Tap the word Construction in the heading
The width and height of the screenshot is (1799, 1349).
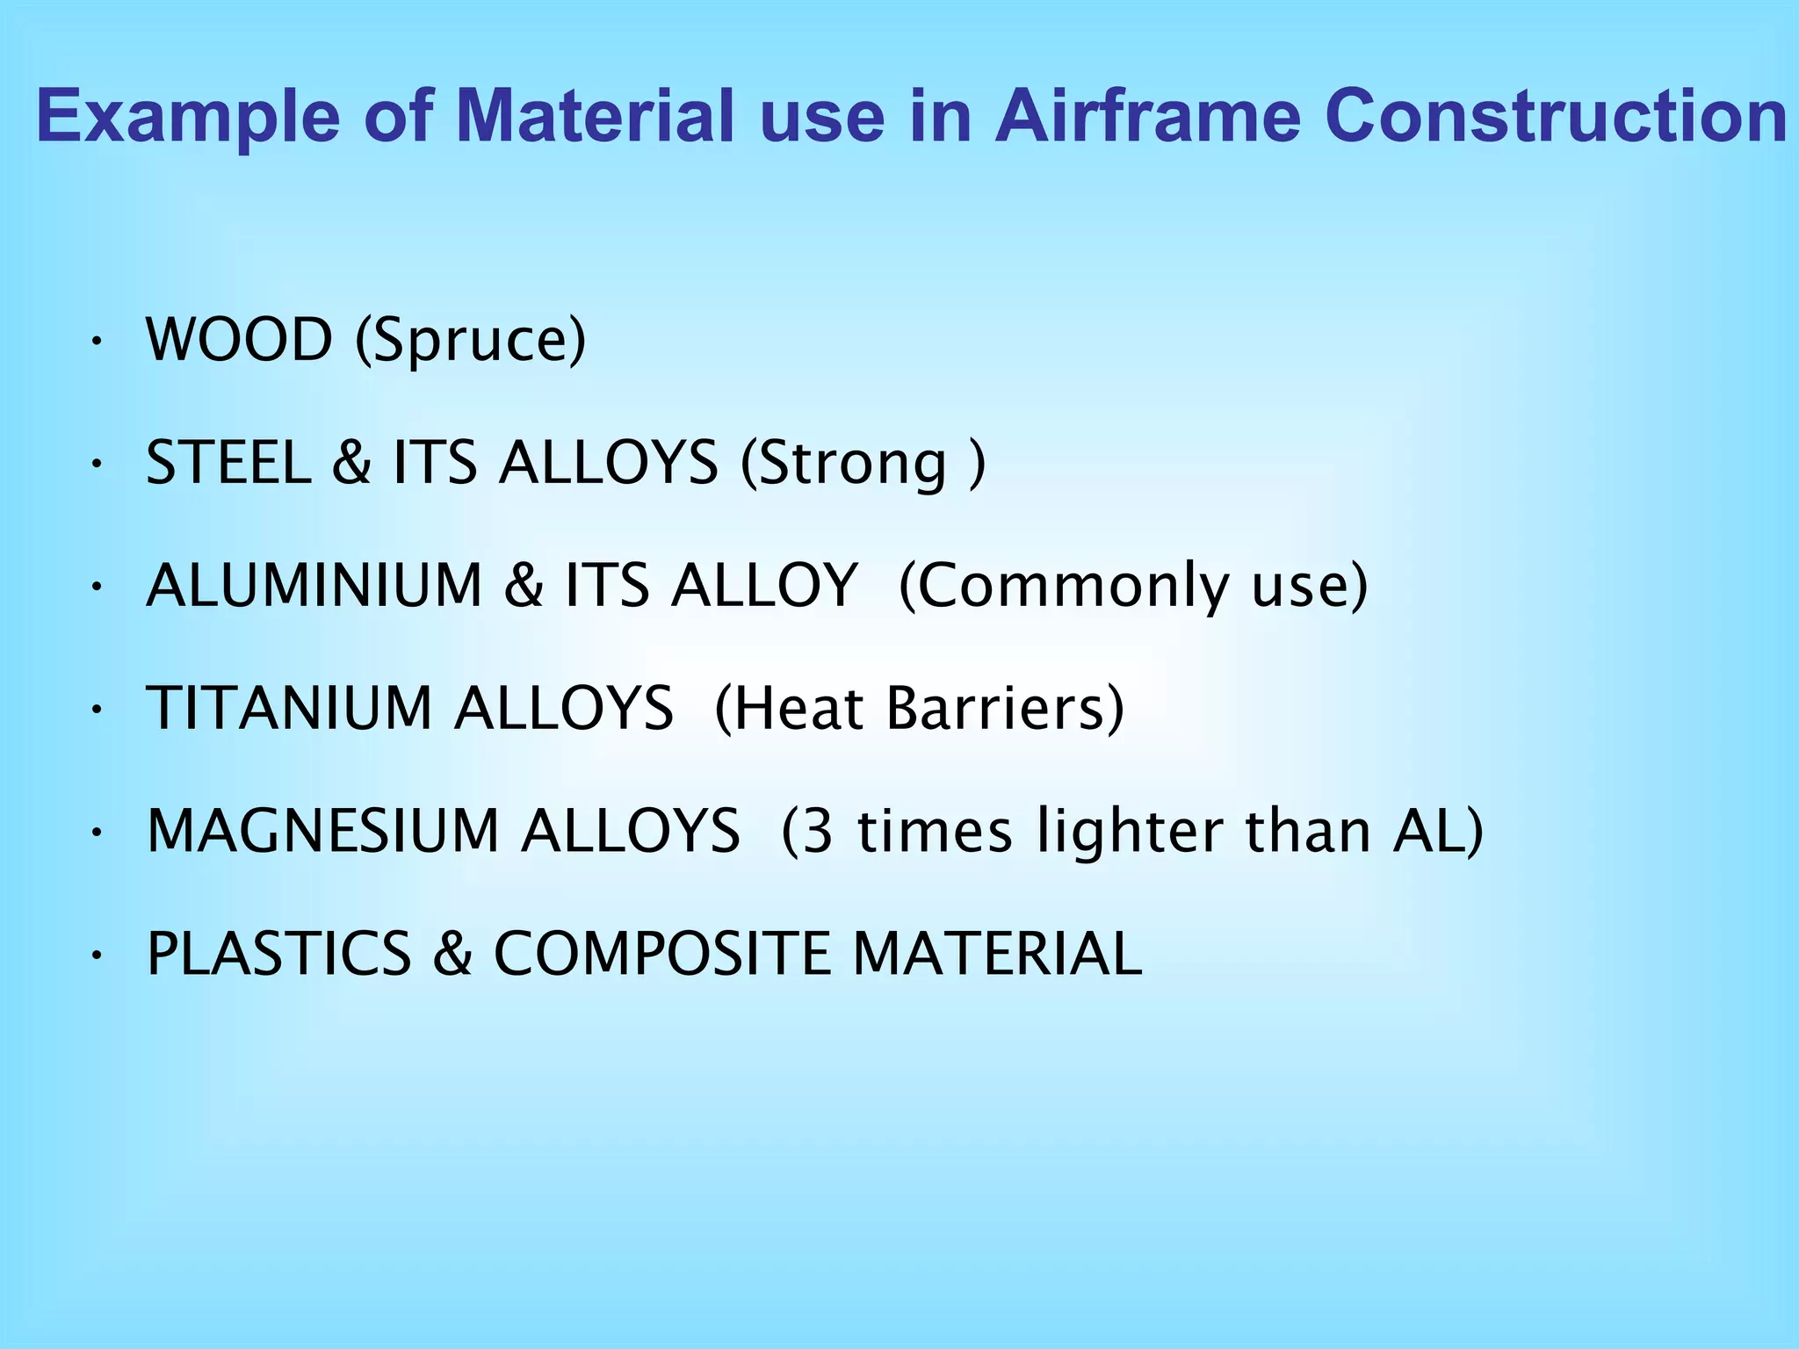1556,117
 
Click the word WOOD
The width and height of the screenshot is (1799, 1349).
239,340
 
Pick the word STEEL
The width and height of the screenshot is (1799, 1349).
228,463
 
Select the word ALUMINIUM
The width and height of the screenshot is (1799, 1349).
314,586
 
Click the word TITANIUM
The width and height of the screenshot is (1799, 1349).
289,709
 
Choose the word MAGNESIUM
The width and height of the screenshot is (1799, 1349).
322,832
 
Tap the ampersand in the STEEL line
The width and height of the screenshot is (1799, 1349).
351,463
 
